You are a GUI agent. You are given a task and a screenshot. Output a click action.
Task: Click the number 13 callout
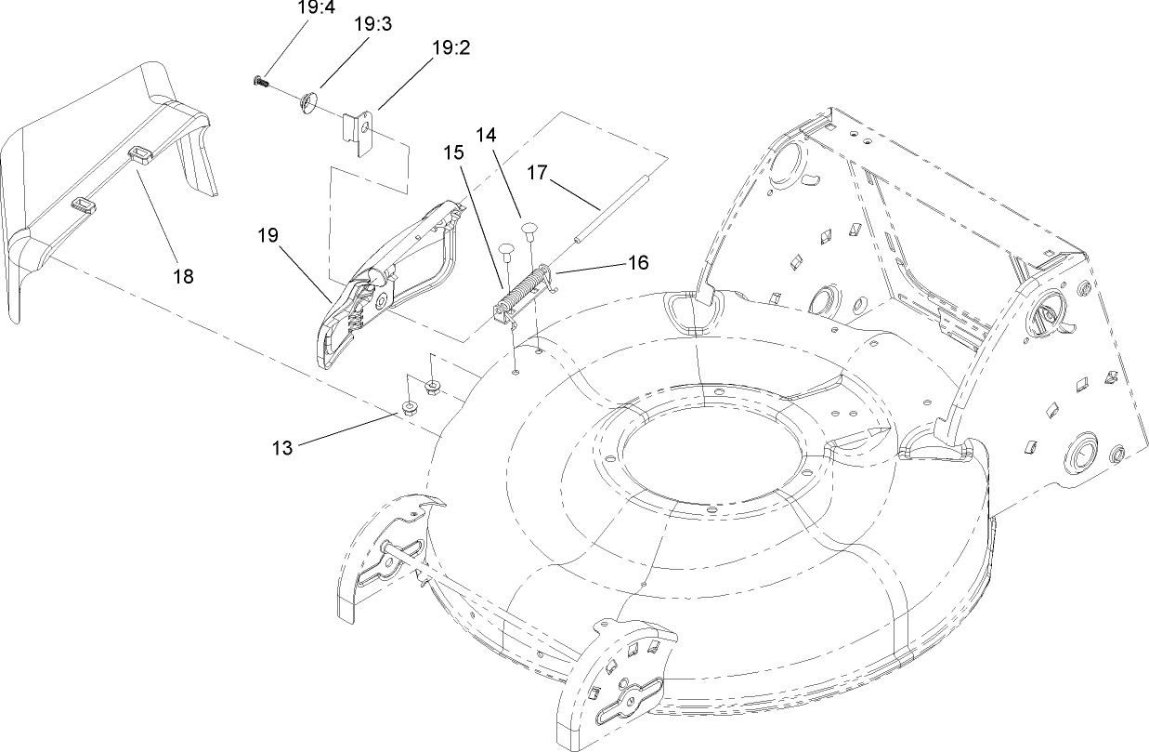pyautogui.click(x=281, y=448)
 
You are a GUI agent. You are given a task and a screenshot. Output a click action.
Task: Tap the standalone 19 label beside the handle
pyautogui.click(x=269, y=235)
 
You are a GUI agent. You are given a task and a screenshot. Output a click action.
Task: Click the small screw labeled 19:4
pyautogui.click(x=260, y=84)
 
